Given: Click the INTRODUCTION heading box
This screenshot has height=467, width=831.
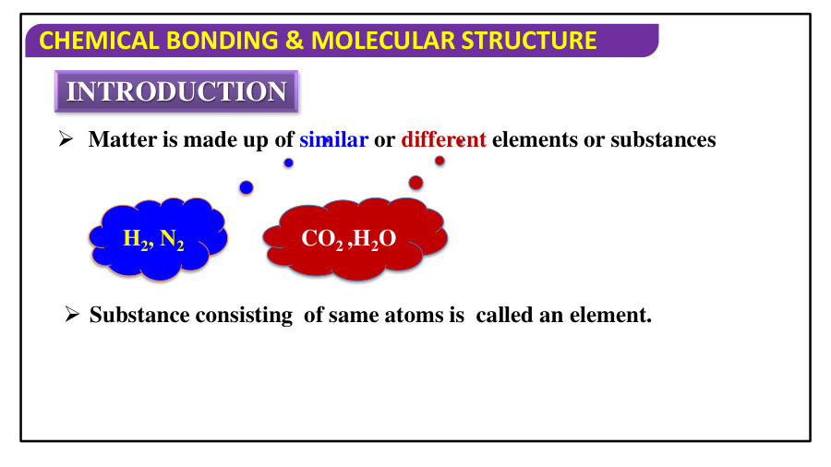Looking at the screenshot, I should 176,91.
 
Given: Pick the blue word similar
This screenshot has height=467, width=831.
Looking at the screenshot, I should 333,140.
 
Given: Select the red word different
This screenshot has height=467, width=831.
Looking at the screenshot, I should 443,140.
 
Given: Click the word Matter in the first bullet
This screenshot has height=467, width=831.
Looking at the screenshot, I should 117,140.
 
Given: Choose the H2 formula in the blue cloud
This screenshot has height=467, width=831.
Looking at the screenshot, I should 137,239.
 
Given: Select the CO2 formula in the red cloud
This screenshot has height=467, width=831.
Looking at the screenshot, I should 323,239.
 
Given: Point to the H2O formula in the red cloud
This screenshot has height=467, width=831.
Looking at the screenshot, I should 375,239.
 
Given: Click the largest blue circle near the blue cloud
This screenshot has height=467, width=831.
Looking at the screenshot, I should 247,187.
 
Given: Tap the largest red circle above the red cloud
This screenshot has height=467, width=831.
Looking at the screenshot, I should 415,183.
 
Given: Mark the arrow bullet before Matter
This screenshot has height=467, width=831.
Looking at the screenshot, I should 66,140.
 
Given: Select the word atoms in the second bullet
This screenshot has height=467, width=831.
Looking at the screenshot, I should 386,316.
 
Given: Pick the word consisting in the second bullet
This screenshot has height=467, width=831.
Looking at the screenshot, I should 243,316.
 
